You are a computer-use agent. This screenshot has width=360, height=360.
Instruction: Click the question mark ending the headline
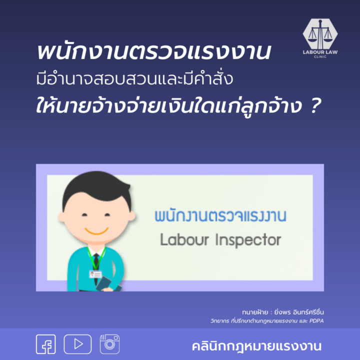pos(313,106)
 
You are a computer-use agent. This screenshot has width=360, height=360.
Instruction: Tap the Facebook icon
pos(46,344)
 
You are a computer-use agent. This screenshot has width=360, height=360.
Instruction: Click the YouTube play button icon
pos(77,344)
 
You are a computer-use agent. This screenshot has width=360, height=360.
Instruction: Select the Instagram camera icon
pos(109,344)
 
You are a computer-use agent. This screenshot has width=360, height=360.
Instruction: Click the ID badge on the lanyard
pos(94,274)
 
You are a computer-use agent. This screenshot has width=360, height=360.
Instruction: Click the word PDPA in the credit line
pos(316,320)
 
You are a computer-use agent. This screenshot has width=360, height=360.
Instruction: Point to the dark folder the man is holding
pos(107,283)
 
